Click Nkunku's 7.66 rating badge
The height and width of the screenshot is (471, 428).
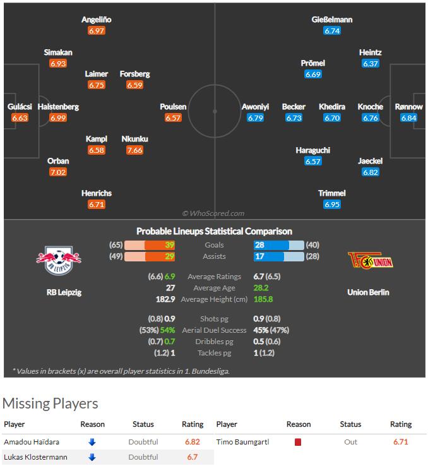tap(134, 150)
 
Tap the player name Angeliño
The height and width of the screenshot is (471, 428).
tap(97, 20)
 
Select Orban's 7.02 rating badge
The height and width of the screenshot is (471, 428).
tap(58, 172)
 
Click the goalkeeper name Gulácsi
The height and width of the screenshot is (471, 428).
tap(20, 107)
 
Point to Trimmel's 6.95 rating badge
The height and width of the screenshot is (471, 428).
tap(332, 205)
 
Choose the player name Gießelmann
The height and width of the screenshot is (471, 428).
tap(332, 20)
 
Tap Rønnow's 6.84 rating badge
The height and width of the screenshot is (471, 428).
tap(409, 118)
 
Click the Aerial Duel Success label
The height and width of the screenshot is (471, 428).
tap(214, 330)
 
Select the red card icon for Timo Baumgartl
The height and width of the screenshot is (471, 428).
tap(298, 442)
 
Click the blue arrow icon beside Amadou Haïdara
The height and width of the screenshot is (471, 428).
tap(92, 442)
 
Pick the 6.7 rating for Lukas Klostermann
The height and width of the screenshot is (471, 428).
tap(193, 456)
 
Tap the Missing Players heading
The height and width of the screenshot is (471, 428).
tap(51, 403)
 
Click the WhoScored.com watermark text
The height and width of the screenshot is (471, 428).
tap(213, 213)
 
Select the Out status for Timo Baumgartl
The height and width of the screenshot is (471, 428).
tap(351, 442)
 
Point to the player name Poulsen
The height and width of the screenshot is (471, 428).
tap(173, 107)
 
